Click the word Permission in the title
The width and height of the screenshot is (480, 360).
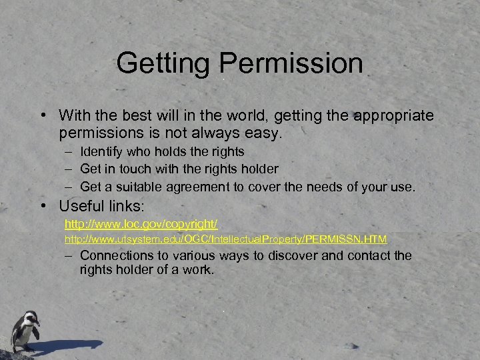(x=291, y=65)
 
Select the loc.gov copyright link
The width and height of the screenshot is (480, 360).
(x=141, y=221)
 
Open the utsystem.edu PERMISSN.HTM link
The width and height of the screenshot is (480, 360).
(x=225, y=238)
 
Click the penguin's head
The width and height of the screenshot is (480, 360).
(x=28, y=317)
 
